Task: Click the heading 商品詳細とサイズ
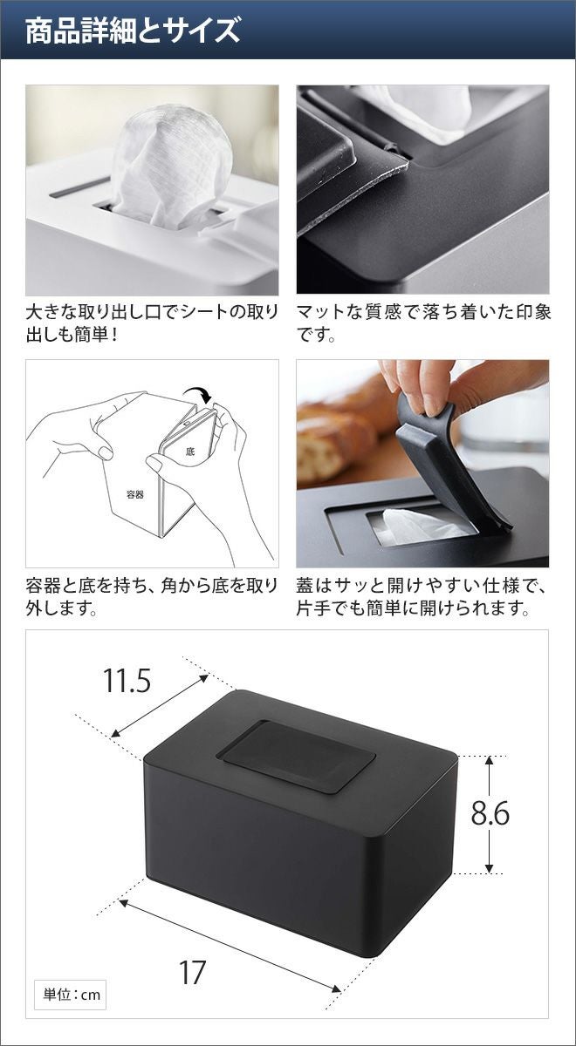[x=133, y=31]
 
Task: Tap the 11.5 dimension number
[x=127, y=681]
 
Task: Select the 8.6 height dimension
[x=490, y=813]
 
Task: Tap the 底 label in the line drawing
[x=189, y=452]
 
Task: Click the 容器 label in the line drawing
[x=134, y=494]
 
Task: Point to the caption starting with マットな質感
[x=423, y=323]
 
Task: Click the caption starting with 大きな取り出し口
[x=152, y=323]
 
